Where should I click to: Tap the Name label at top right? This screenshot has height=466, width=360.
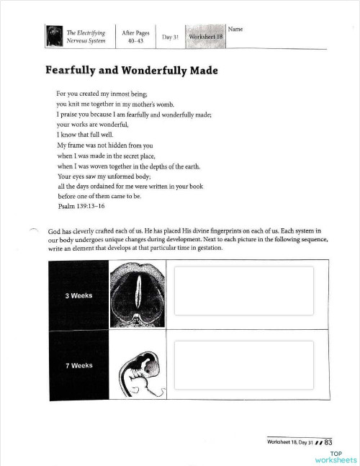(235, 29)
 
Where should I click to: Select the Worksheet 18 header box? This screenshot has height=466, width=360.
(204, 36)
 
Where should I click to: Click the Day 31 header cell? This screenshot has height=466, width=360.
(170, 36)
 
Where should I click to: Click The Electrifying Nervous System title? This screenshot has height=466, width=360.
(86, 37)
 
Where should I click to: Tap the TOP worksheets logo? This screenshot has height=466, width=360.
(335, 457)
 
